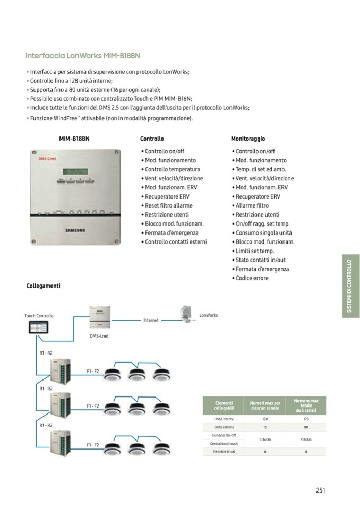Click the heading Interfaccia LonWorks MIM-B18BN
coord(83,56)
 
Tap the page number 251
coord(320,490)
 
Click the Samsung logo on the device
coord(75,230)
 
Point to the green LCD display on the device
coord(75,171)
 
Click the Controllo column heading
coord(152,139)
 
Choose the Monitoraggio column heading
coord(248,139)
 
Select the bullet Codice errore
coord(252,278)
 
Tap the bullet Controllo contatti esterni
coord(176,242)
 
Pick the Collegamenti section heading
coord(43,286)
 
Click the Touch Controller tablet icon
coord(38,329)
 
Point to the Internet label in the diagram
coord(151,321)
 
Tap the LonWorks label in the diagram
coord(208,315)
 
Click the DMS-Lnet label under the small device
coord(99,336)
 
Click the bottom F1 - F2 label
coord(93,445)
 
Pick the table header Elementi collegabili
coord(224,406)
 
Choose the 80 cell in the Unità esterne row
coord(306,427)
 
